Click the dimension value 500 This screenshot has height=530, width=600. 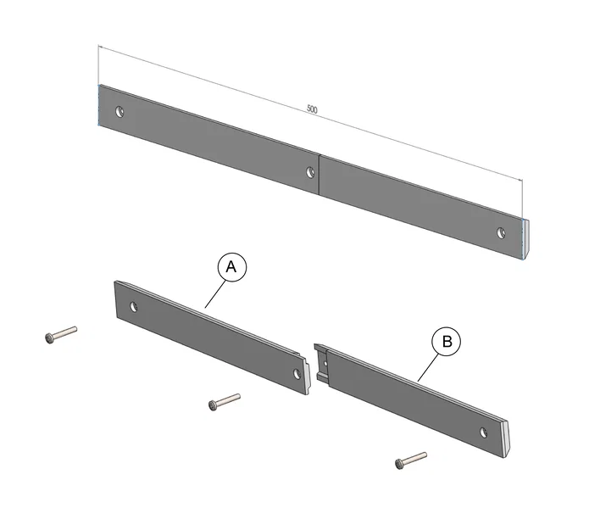(312, 109)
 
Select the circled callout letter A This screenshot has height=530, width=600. (232, 267)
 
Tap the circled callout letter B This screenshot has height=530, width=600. (447, 342)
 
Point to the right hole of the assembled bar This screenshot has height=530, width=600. (502, 231)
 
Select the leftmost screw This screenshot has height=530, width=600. (60, 335)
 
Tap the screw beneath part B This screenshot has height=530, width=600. (410, 460)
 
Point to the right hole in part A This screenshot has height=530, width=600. (297, 373)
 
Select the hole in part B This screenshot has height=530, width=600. (484, 432)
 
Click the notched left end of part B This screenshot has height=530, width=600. (321, 363)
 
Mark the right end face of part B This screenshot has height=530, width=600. (506, 438)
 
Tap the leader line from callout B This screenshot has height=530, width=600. (429, 365)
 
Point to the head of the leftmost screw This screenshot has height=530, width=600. (49, 339)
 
